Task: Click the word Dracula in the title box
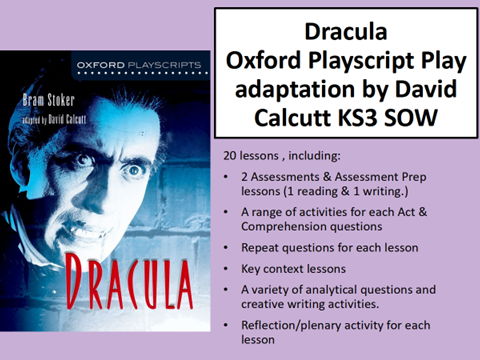(346, 31)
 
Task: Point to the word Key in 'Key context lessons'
(249, 269)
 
